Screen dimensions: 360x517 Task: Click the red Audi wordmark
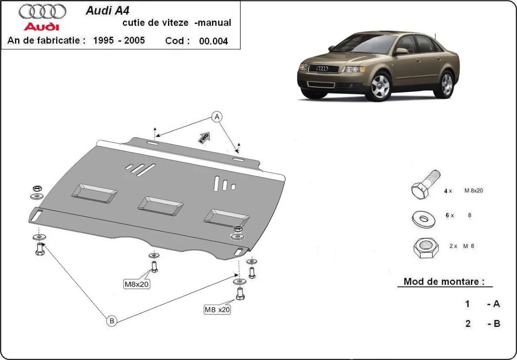point(42,27)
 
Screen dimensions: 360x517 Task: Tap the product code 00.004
point(213,41)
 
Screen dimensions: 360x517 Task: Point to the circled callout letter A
point(217,116)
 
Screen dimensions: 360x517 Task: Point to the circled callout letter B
point(111,320)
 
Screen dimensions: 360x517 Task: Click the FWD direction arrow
point(204,137)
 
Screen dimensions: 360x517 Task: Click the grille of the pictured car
point(321,68)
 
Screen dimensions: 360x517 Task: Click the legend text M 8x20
point(473,190)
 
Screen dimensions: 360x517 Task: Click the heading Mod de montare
point(444,282)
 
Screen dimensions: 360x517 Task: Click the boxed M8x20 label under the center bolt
point(137,284)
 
